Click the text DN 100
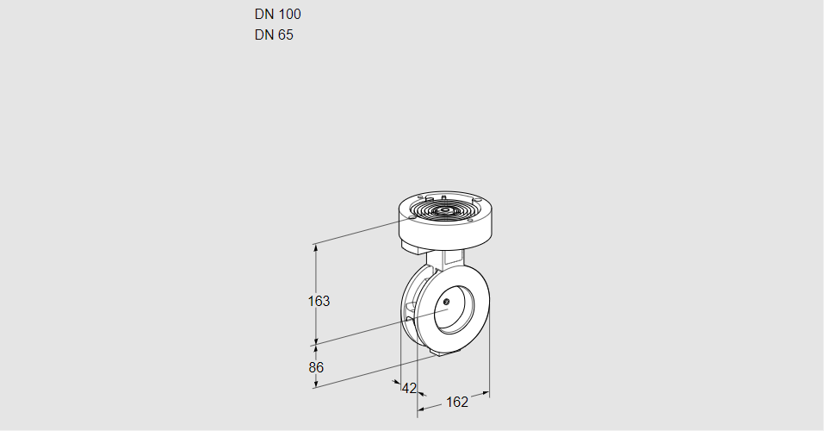point(277,14)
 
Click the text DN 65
point(274,35)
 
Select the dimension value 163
point(319,301)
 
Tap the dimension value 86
point(316,367)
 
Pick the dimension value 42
point(409,388)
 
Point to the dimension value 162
point(456,402)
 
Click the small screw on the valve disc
point(447,301)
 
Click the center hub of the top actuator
point(444,209)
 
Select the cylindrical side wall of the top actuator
point(448,230)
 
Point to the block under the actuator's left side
point(411,247)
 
